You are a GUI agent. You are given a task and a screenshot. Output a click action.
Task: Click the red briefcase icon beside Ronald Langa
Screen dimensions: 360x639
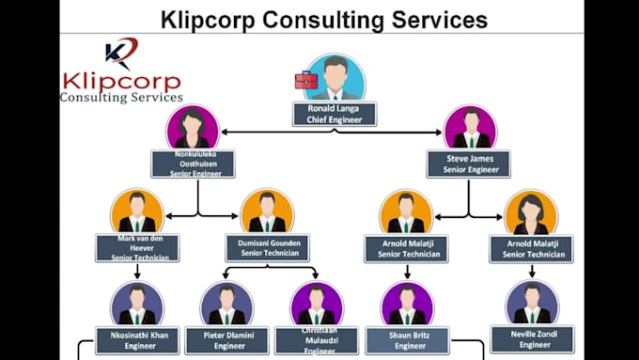[x=306, y=80]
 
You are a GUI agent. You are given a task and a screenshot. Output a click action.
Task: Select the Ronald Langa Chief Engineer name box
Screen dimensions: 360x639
[x=335, y=114]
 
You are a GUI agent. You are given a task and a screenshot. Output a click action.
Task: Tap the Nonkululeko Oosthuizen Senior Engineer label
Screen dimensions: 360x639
[x=193, y=164]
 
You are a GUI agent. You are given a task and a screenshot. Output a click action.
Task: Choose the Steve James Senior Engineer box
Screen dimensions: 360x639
[x=468, y=164]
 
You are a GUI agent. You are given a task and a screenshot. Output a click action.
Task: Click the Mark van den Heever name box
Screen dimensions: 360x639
[x=137, y=248]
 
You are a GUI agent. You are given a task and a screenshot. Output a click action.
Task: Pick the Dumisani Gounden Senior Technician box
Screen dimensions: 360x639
[x=267, y=248]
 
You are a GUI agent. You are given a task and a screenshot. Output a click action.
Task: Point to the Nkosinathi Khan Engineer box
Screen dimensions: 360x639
[x=137, y=339]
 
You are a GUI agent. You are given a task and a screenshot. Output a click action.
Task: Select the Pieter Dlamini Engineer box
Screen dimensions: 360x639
[x=226, y=339]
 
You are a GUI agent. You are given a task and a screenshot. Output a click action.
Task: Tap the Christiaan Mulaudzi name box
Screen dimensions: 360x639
[x=317, y=340]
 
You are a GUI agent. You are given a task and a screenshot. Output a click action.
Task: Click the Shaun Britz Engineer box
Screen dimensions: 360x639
[x=407, y=339]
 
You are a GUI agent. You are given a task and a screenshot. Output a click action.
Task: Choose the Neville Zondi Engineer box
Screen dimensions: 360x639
[x=532, y=338]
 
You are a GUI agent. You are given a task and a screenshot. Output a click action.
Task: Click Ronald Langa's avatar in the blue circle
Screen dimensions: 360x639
[x=335, y=77]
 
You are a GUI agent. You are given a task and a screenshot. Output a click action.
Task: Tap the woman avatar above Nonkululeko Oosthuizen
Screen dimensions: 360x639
[x=193, y=127]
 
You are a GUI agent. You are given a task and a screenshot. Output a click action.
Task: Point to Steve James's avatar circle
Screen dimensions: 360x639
[x=470, y=127]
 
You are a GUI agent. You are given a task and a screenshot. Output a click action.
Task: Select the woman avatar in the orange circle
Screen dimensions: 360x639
[x=531, y=212]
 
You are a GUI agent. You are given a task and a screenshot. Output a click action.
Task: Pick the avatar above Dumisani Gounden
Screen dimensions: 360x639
[x=267, y=212]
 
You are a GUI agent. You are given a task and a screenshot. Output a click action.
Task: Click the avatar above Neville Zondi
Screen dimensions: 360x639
[x=532, y=304]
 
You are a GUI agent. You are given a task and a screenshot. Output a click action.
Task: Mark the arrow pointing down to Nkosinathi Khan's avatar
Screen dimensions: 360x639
[x=137, y=272]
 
